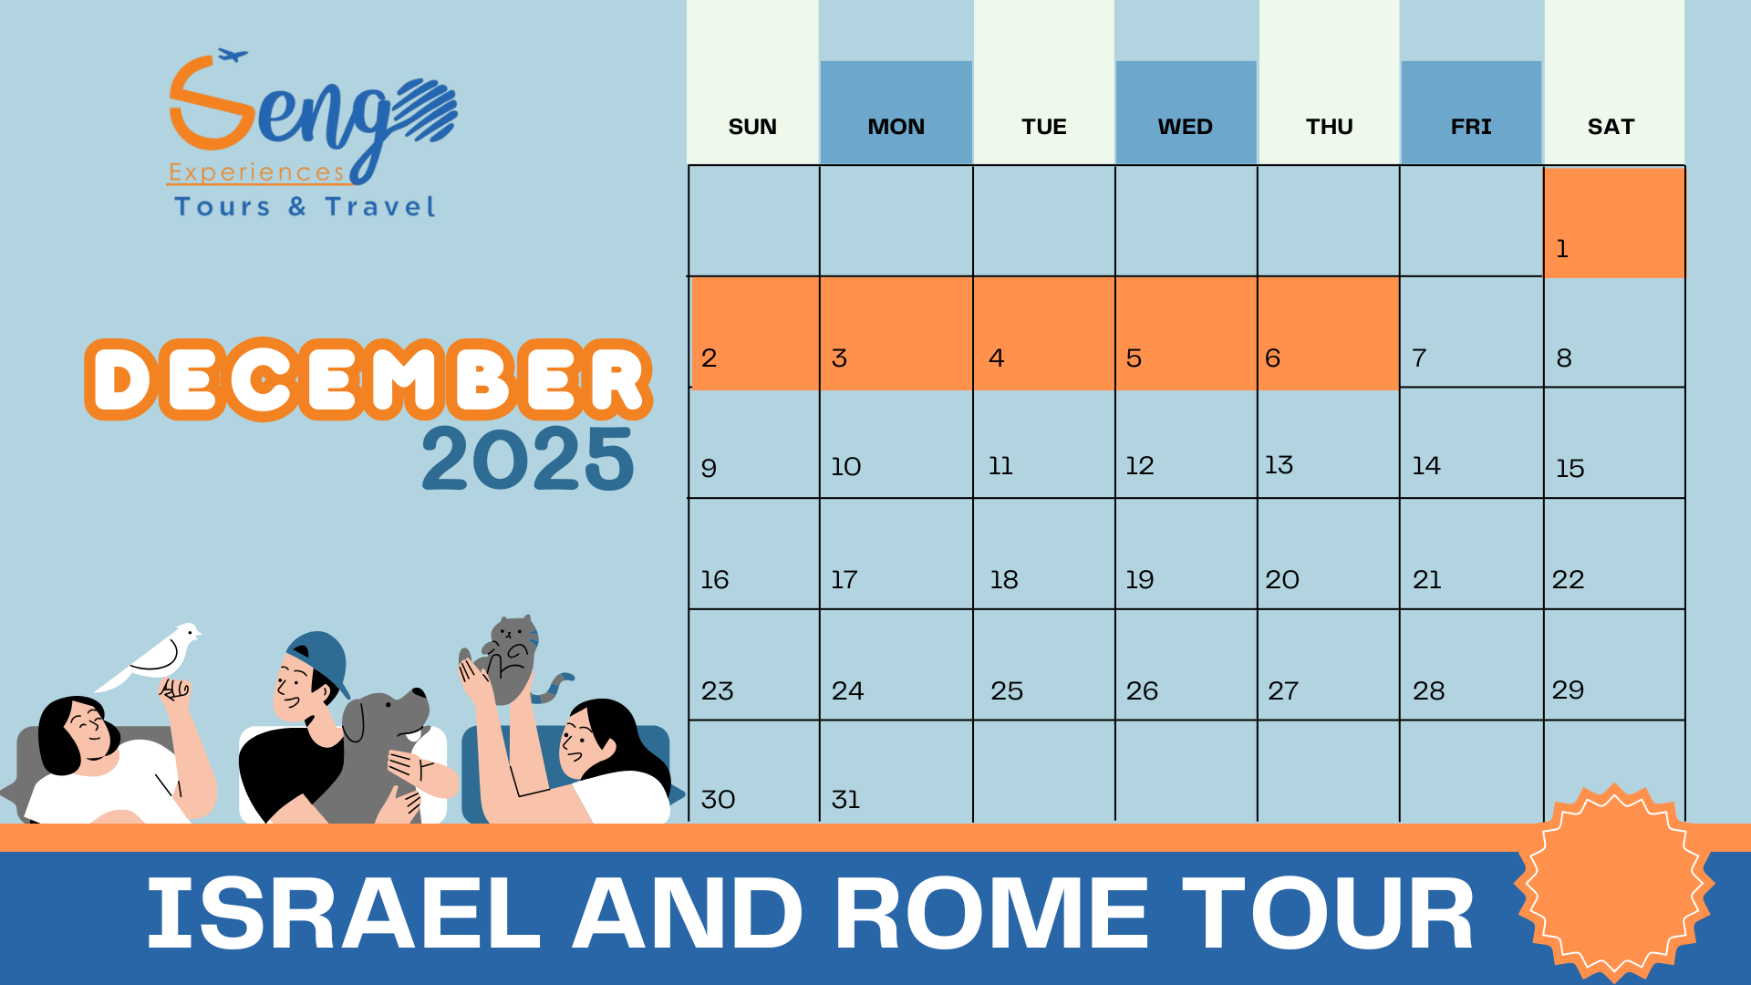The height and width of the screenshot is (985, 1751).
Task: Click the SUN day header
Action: click(x=752, y=127)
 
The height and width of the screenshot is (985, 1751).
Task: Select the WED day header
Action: click(x=1185, y=127)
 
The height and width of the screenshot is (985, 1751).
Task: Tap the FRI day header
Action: click(x=1471, y=127)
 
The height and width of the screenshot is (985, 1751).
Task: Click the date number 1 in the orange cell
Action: click(x=1562, y=249)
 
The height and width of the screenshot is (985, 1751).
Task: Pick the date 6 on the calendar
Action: click(x=1272, y=358)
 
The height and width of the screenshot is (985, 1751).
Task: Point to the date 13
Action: click(x=1279, y=465)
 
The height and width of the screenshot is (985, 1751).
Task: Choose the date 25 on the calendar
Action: click(x=1007, y=691)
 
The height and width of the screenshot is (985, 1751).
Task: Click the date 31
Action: click(x=845, y=800)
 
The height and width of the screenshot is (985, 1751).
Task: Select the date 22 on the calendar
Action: click(x=1568, y=580)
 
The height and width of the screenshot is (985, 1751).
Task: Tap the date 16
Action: click(x=714, y=580)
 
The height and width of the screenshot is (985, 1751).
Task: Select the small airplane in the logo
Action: click(x=233, y=56)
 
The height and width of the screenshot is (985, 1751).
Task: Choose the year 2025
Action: click(x=527, y=459)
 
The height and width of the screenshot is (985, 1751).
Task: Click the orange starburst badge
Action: click(x=1614, y=883)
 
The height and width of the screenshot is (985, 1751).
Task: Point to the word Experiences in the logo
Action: click(x=256, y=172)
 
